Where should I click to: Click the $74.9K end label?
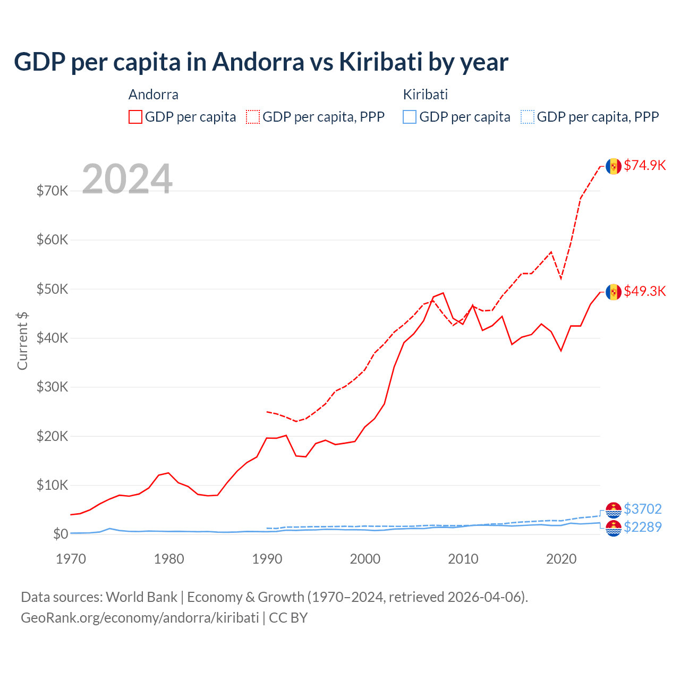644,165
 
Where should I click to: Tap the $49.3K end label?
644,291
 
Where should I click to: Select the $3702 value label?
642,509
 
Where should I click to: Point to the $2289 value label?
642,527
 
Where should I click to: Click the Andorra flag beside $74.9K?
614,166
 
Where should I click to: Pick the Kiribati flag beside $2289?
614,529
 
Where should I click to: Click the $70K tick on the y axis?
52,191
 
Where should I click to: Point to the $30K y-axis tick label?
52,387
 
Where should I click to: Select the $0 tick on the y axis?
61,534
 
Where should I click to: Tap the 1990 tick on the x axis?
267,559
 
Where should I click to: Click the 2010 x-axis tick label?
463,559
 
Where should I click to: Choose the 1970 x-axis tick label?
71,559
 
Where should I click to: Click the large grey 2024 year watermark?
127,178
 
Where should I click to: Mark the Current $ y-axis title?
22,341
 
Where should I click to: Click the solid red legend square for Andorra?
135,117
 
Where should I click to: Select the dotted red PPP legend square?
253,117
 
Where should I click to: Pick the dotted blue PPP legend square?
528,117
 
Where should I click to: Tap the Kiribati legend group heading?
425,95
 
